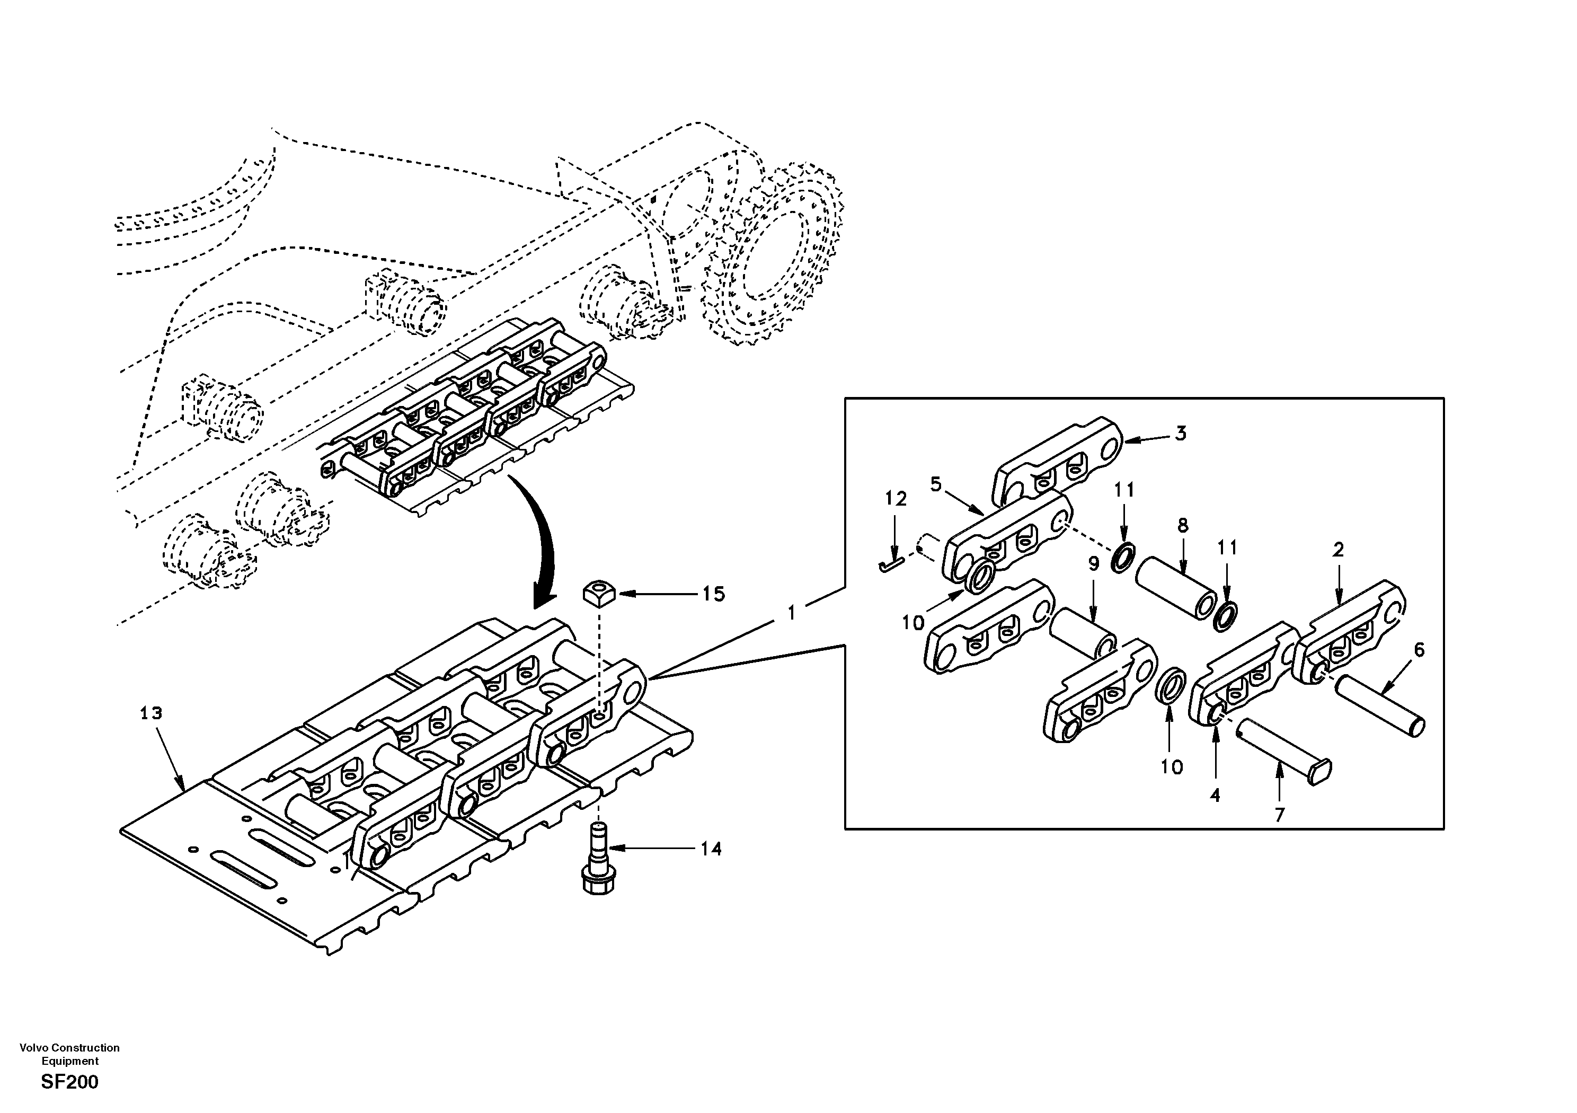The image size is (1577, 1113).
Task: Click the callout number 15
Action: tap(714, 594)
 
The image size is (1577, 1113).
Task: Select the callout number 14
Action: tap(711, 849)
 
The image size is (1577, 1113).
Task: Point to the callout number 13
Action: tap(151, 713)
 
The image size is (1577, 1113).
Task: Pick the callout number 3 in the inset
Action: tap(1180, 434)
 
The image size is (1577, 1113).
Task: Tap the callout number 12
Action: tap(896, 499)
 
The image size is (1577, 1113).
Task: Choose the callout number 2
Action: tap(1338, 550)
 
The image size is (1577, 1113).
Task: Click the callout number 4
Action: tap(1215, 796)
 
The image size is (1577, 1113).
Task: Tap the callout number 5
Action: tap(935, 484)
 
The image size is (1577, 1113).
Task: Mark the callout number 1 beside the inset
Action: tap(791, 612)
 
